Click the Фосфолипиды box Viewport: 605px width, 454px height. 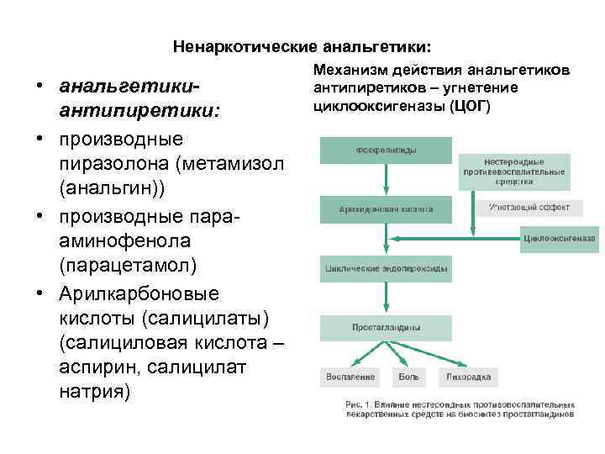click(384, 150)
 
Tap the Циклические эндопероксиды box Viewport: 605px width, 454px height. click(384, 270)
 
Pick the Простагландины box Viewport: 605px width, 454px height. click(384, 328)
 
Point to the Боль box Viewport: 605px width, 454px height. click(408, 377)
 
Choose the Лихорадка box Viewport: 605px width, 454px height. click(469, 377)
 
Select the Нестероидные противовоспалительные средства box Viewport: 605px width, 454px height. click(514, 172)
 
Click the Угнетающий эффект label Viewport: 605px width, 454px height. click(529, 207)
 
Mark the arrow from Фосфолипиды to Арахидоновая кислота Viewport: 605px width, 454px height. click(385, 179)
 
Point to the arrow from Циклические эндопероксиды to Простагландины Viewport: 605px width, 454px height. click(385, 298)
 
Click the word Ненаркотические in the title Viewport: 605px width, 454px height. click(239, 45)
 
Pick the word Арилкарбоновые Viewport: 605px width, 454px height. click(139, 294)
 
